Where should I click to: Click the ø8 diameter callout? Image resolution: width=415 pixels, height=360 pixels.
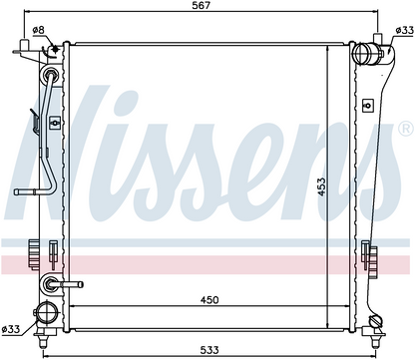[x=38, y=29]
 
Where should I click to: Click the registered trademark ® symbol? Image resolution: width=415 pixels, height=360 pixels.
[x=404, y=130]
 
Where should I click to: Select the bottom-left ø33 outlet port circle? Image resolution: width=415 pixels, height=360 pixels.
[x=46, y=310]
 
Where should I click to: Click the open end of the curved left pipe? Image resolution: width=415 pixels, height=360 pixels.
[x=18, y=192]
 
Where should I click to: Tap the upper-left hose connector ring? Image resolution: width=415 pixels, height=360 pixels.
[x=49, y=78]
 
